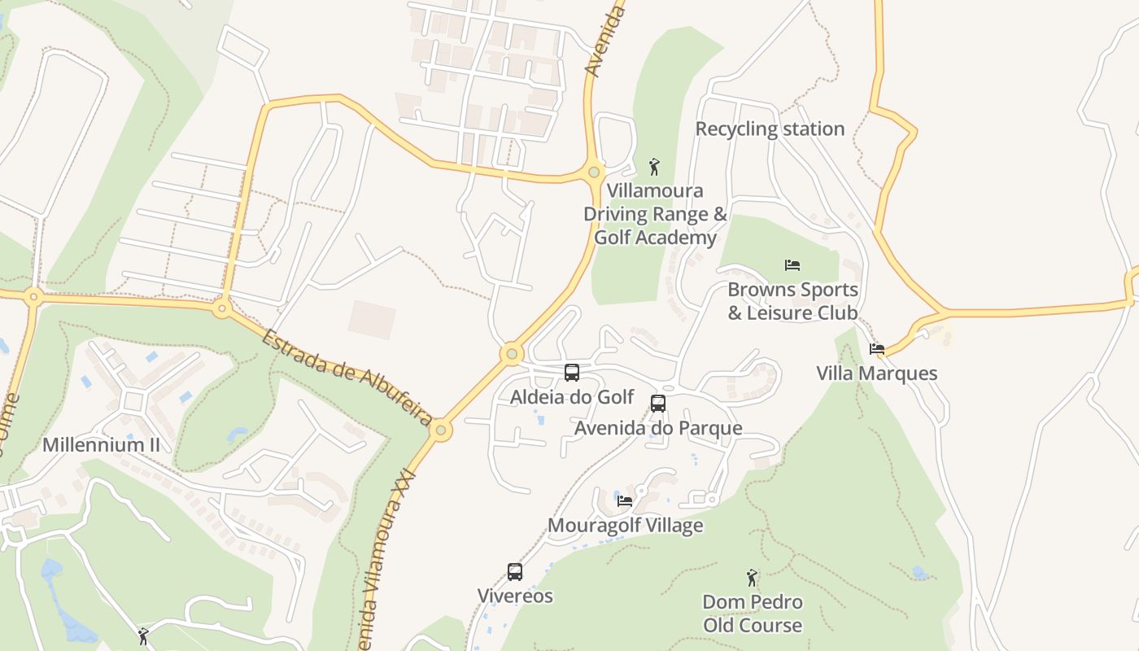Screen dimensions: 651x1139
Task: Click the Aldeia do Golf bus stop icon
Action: coord(572,373)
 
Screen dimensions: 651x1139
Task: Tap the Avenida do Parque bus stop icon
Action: coord(658,403)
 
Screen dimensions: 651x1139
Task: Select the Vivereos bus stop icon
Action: coord(515,572)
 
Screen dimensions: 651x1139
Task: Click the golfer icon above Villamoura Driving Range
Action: coord(654,167)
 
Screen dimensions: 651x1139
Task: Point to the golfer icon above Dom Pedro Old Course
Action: coord(752,578)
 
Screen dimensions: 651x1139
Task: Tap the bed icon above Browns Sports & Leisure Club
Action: coord(792,264)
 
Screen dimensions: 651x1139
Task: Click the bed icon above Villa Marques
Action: coord(877,349)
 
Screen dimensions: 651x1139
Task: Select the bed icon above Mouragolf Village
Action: coord(625,500)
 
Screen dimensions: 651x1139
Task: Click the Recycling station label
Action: coord(770,129)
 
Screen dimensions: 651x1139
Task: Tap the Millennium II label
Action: coord(101,444)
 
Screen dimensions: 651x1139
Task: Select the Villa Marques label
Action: coord(877,374)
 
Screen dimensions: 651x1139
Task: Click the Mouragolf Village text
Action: coord(625,526)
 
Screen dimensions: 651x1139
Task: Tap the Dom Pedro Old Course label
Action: coord(753,614)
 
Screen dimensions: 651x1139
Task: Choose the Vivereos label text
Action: coord(515,596)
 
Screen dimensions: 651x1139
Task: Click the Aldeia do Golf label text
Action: coord(572,397)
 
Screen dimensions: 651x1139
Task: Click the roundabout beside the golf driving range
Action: coord(595,172)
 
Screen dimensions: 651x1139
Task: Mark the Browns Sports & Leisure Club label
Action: coord(792,301)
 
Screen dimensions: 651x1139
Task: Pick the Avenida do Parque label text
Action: coord(658,428)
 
